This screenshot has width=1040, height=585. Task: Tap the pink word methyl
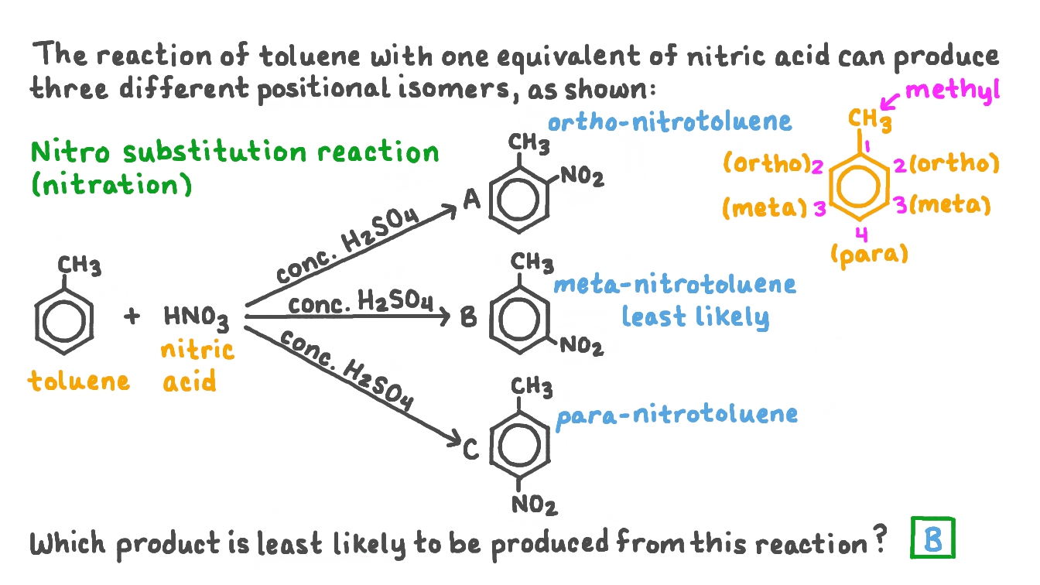(953, 90)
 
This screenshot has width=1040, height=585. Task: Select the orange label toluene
(80, 381)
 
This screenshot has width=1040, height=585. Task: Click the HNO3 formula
(196, 316)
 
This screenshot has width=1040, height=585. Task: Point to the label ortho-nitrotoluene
(669, 121)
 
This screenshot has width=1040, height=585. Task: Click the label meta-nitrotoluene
(675, 285)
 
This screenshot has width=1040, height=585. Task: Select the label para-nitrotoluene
(677, 414)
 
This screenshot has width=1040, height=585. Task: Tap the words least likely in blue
(696, 317)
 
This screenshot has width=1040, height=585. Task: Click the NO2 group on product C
(534, 507)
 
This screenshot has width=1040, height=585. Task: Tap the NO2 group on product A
(582, 177)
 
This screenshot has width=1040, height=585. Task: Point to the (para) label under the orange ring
(869, 254)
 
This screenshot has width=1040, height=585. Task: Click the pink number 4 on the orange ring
(861, 232)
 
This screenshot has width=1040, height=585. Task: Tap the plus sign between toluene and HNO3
(132, 317)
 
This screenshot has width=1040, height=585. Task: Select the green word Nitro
(68, 152)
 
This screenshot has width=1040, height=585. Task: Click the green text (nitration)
(111, 186)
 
